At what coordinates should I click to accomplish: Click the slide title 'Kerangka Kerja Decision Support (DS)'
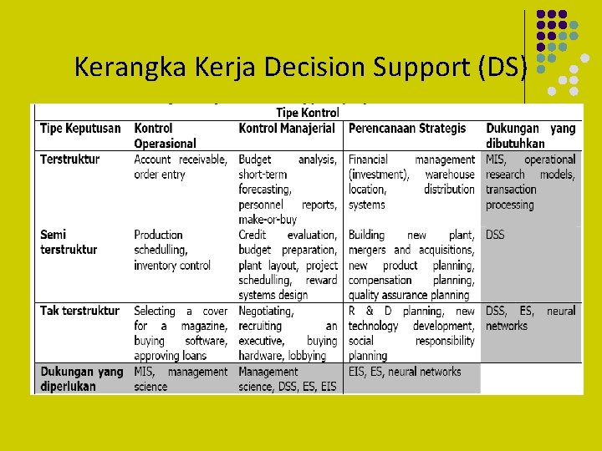[300, 67]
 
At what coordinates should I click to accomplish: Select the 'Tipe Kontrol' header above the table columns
[307, 113]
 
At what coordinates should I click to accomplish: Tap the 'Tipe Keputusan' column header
[80, 129]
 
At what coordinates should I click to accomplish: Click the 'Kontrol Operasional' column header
[165, 135]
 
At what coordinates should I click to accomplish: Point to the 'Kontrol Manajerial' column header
[287, 129]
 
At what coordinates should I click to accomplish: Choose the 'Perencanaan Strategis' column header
[407, 129]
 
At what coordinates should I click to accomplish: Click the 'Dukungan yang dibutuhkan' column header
[530, 135]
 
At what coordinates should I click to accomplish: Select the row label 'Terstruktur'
[69, 160]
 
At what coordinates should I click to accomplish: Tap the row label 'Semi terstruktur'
[69, 242]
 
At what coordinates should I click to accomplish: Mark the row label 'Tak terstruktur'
[79, 311]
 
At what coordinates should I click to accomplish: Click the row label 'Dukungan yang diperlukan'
[81, 379]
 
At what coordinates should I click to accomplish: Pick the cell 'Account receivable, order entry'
[180, 167]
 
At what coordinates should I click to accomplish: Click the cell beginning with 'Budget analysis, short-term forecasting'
[288, 189]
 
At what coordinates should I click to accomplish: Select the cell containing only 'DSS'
[495, 236]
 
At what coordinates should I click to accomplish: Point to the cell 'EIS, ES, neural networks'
[405, 372]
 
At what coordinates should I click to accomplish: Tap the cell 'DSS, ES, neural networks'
[530, 318]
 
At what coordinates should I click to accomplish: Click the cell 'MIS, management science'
[180, 379]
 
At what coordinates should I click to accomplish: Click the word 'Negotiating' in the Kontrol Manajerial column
[266, 311]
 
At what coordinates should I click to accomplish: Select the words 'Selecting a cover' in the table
[180, 311]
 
